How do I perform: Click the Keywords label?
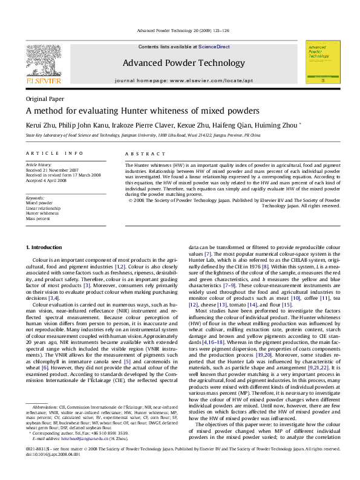[35, 198]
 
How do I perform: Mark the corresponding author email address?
[91, 438]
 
